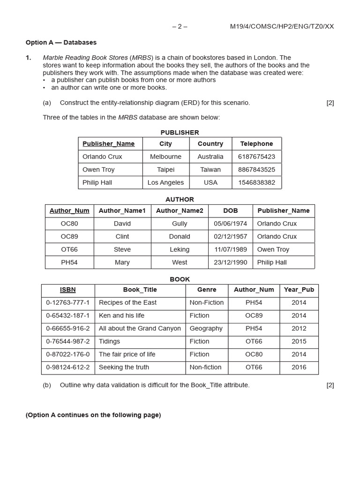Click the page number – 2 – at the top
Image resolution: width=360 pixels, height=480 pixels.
tap(180, 26)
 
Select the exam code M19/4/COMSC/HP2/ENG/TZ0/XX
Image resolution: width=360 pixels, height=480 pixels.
tap(282, 26)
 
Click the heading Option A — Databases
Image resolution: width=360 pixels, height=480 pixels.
tap(61, 42)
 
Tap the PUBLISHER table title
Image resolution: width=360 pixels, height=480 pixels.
tap(180, 133)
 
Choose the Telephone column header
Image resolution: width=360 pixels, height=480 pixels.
tap(256, 144)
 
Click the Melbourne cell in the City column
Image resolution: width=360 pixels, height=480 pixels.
tap(165, 157)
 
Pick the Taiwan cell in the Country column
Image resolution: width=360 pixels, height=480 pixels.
tap(210, 170)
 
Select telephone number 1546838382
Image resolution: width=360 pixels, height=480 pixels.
tap(256, 182)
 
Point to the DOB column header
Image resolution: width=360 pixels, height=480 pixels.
tap(230, 211)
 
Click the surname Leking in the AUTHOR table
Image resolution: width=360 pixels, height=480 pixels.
tap(180, 249)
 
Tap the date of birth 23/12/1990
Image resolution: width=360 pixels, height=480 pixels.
tap(230, 262)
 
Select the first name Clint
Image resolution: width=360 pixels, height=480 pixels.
tap(122, 237)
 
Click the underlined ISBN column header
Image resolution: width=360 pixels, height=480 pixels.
tap(68, 290)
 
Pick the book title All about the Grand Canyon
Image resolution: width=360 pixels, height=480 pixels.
tap(140, 329)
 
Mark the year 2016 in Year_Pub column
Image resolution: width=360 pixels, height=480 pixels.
tap(299, 367)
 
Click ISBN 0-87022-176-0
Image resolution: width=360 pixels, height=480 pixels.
tap(68, 354)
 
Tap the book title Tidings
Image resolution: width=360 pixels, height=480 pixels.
tap(109, 342)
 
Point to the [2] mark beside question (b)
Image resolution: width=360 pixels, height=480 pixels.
tap(330, 385)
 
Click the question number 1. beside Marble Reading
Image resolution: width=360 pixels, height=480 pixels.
tap(29, 58)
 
